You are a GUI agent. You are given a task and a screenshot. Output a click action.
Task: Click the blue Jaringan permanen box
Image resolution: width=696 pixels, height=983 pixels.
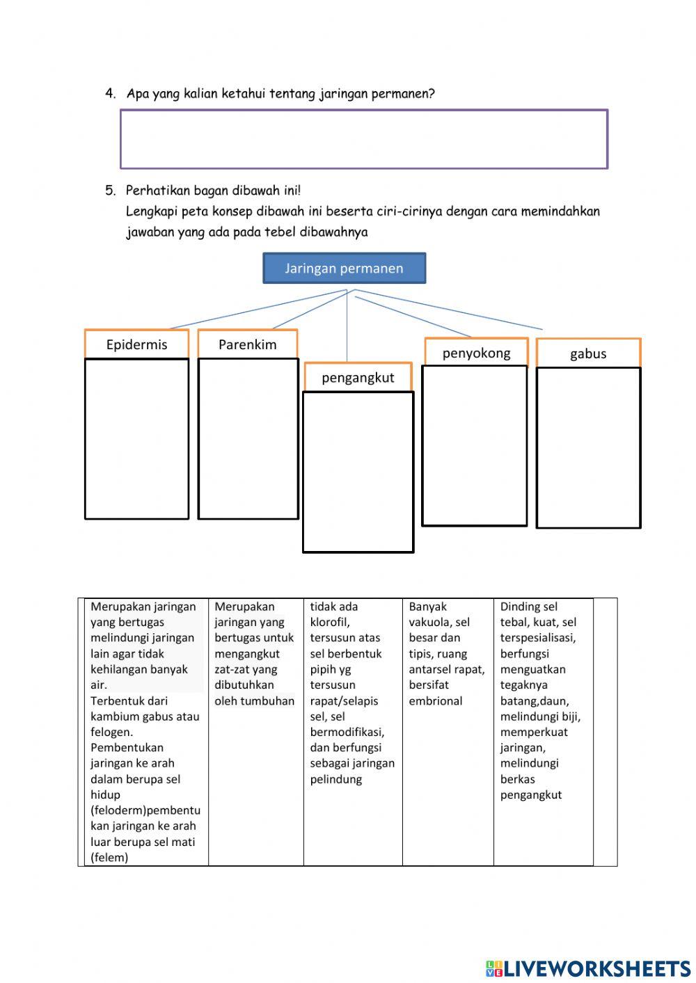click(344, 269)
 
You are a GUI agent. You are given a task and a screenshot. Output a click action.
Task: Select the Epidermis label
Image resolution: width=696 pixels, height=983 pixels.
click(136, 344)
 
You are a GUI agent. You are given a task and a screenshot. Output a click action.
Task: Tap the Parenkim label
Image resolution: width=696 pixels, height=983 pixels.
click(247, 344)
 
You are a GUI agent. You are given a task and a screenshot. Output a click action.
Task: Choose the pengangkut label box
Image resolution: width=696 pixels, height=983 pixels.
click(358, 378)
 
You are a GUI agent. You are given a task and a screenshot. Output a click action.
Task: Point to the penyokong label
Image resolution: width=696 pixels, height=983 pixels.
click(476, 353)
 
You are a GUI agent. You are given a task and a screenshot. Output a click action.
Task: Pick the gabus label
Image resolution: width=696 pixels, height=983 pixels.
click(588, 353)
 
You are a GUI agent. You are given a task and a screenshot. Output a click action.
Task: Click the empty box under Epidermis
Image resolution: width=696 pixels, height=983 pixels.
click(136, 438)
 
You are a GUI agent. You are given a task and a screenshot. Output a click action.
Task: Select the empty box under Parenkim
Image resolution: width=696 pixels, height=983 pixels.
click(248, 438)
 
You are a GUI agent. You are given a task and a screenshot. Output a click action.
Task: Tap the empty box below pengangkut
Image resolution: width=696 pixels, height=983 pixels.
click(358, 472)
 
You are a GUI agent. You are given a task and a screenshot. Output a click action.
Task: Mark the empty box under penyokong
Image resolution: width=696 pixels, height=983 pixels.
click(475, 445)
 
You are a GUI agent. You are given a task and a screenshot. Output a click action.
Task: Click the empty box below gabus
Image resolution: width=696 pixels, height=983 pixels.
click(588, 447)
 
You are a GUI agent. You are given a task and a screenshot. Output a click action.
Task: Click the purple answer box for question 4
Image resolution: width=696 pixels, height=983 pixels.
click(364, 139)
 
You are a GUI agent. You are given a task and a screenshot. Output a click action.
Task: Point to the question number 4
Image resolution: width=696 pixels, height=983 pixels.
click(110, 93)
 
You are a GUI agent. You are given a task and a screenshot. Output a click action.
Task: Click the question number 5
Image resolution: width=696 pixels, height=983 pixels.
click(110, 190)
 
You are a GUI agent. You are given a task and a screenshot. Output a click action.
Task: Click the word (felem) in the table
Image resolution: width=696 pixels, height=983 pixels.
click(109, 857)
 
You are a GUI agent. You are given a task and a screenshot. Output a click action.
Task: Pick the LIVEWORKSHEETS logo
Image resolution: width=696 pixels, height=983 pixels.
click(588, 968)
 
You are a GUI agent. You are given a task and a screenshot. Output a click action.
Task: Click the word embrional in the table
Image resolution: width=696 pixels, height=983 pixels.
click(436, 701)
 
